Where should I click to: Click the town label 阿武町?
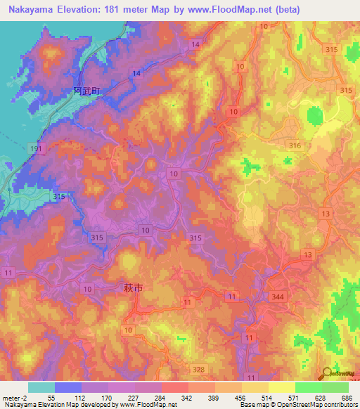click(x=87, y=91)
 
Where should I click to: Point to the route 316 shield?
click(x=294, y=145)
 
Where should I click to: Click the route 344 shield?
click(x=279, y=298)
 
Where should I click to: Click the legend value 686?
click(x=348, y=397)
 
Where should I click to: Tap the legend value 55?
click(x=51, y=397)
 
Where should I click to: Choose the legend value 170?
click(x=108, y=397)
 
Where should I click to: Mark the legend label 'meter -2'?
click(x=13, y=397)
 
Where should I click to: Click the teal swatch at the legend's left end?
click(x=41, y=387)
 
